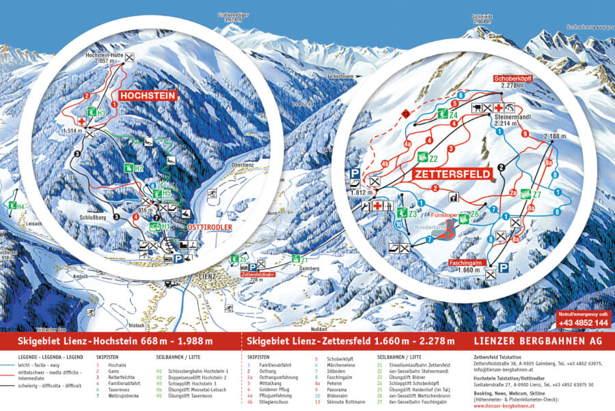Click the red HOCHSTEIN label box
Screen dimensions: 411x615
148,96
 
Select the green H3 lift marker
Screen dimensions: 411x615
96,113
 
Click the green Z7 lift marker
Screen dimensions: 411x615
530,195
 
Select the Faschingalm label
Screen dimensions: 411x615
467,263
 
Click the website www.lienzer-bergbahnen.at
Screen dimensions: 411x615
507,405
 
